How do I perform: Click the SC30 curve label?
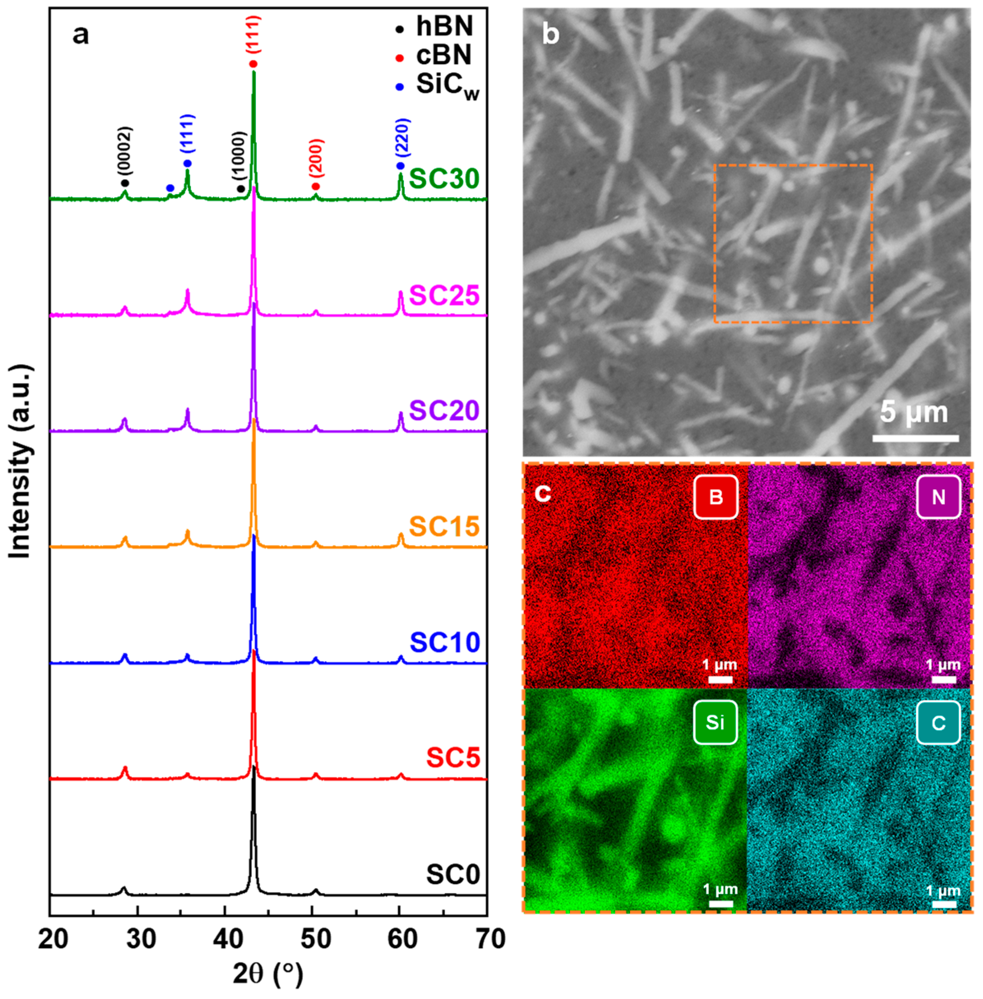click(444, 179)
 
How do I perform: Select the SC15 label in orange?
click(444, 527)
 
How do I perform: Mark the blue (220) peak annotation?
click(402, 138)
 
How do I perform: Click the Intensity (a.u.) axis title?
click(21, 463)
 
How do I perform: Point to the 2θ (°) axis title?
click(268, 975)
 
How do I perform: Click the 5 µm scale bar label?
click(914, 413)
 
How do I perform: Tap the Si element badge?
click(715, 723)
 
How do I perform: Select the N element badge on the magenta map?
click(938, 497)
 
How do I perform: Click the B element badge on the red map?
click(715, 497)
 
